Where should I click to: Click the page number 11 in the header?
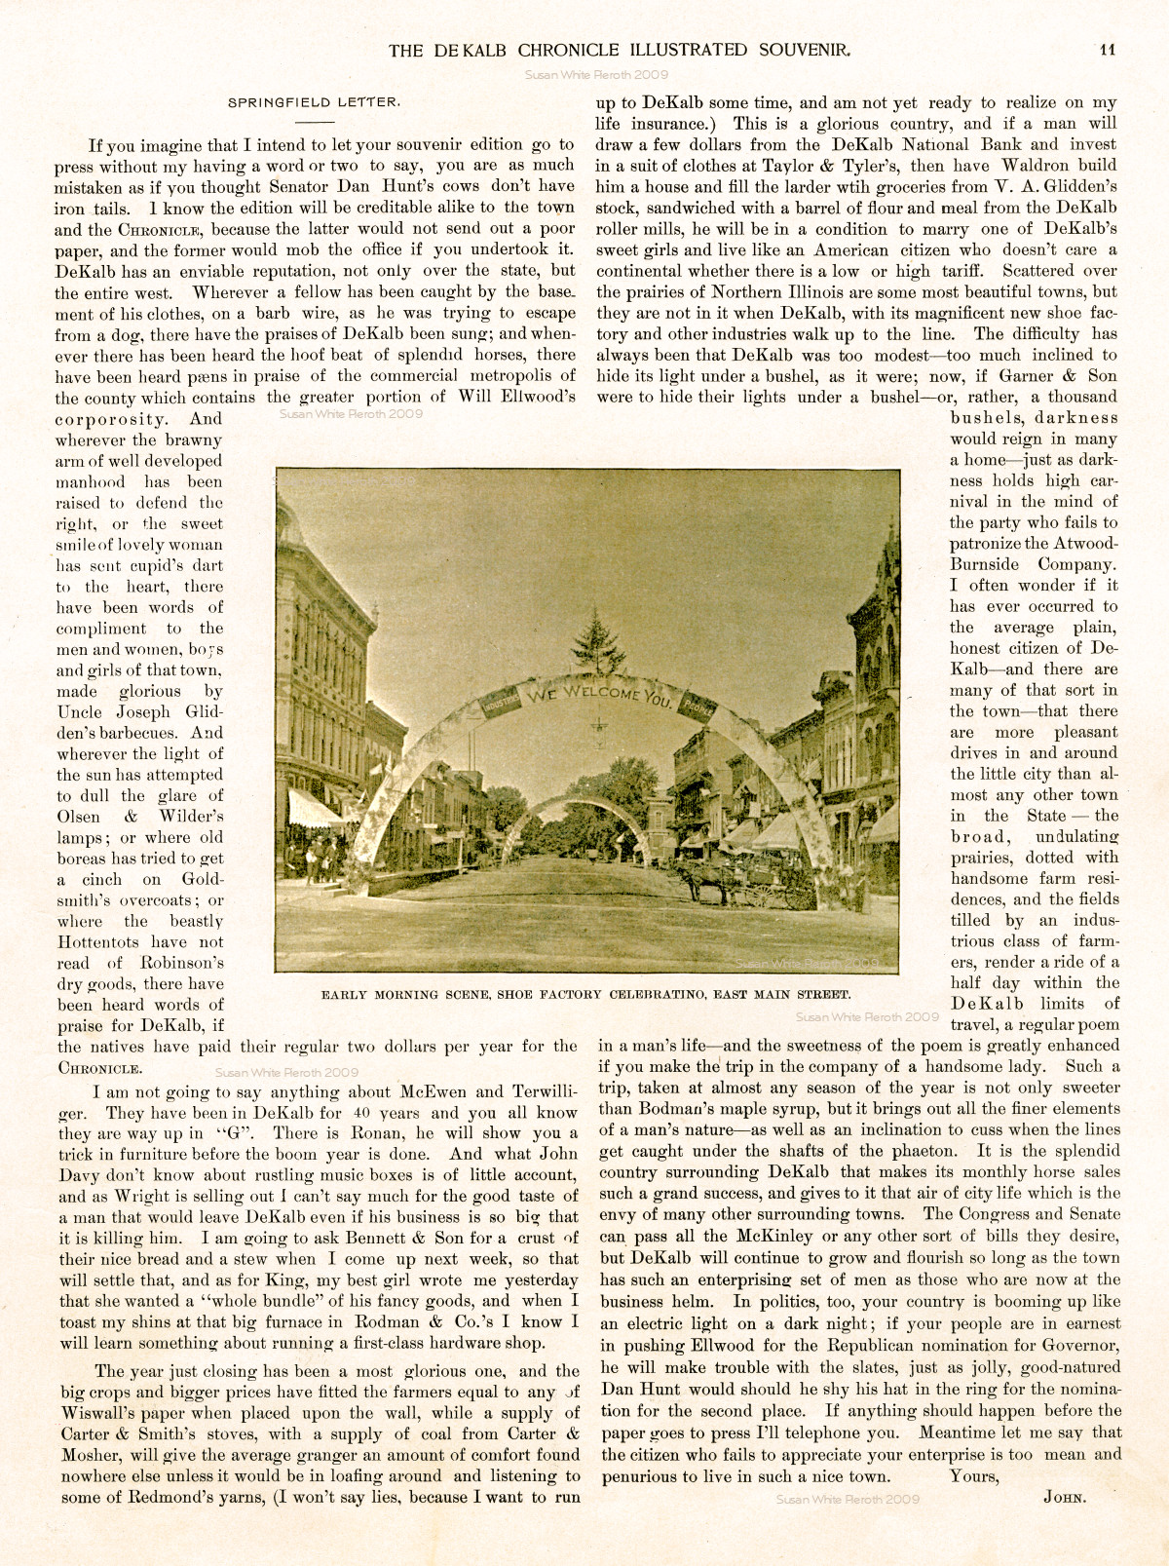pos(1107,50)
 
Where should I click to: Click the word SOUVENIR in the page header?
pos(806,50)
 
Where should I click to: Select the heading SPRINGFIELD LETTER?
pos(314,101)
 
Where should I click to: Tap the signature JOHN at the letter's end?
pos(1065,1497)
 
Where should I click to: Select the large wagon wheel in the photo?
pos(768,895)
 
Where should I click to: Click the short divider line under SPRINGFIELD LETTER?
pos(314,122)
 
